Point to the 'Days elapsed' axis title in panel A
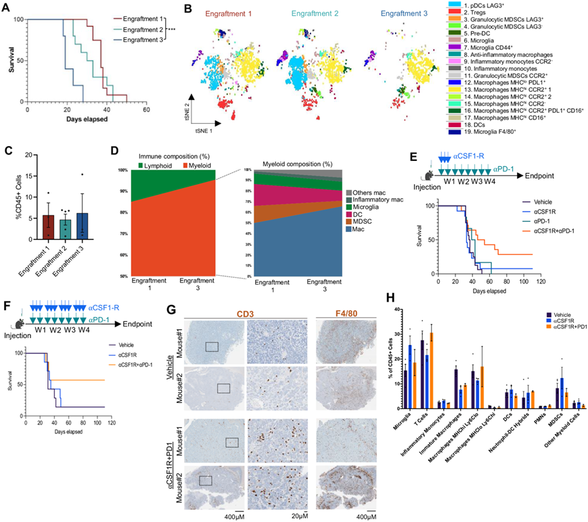[x=87, y=120]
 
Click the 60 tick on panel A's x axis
[x=146, y=108]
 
